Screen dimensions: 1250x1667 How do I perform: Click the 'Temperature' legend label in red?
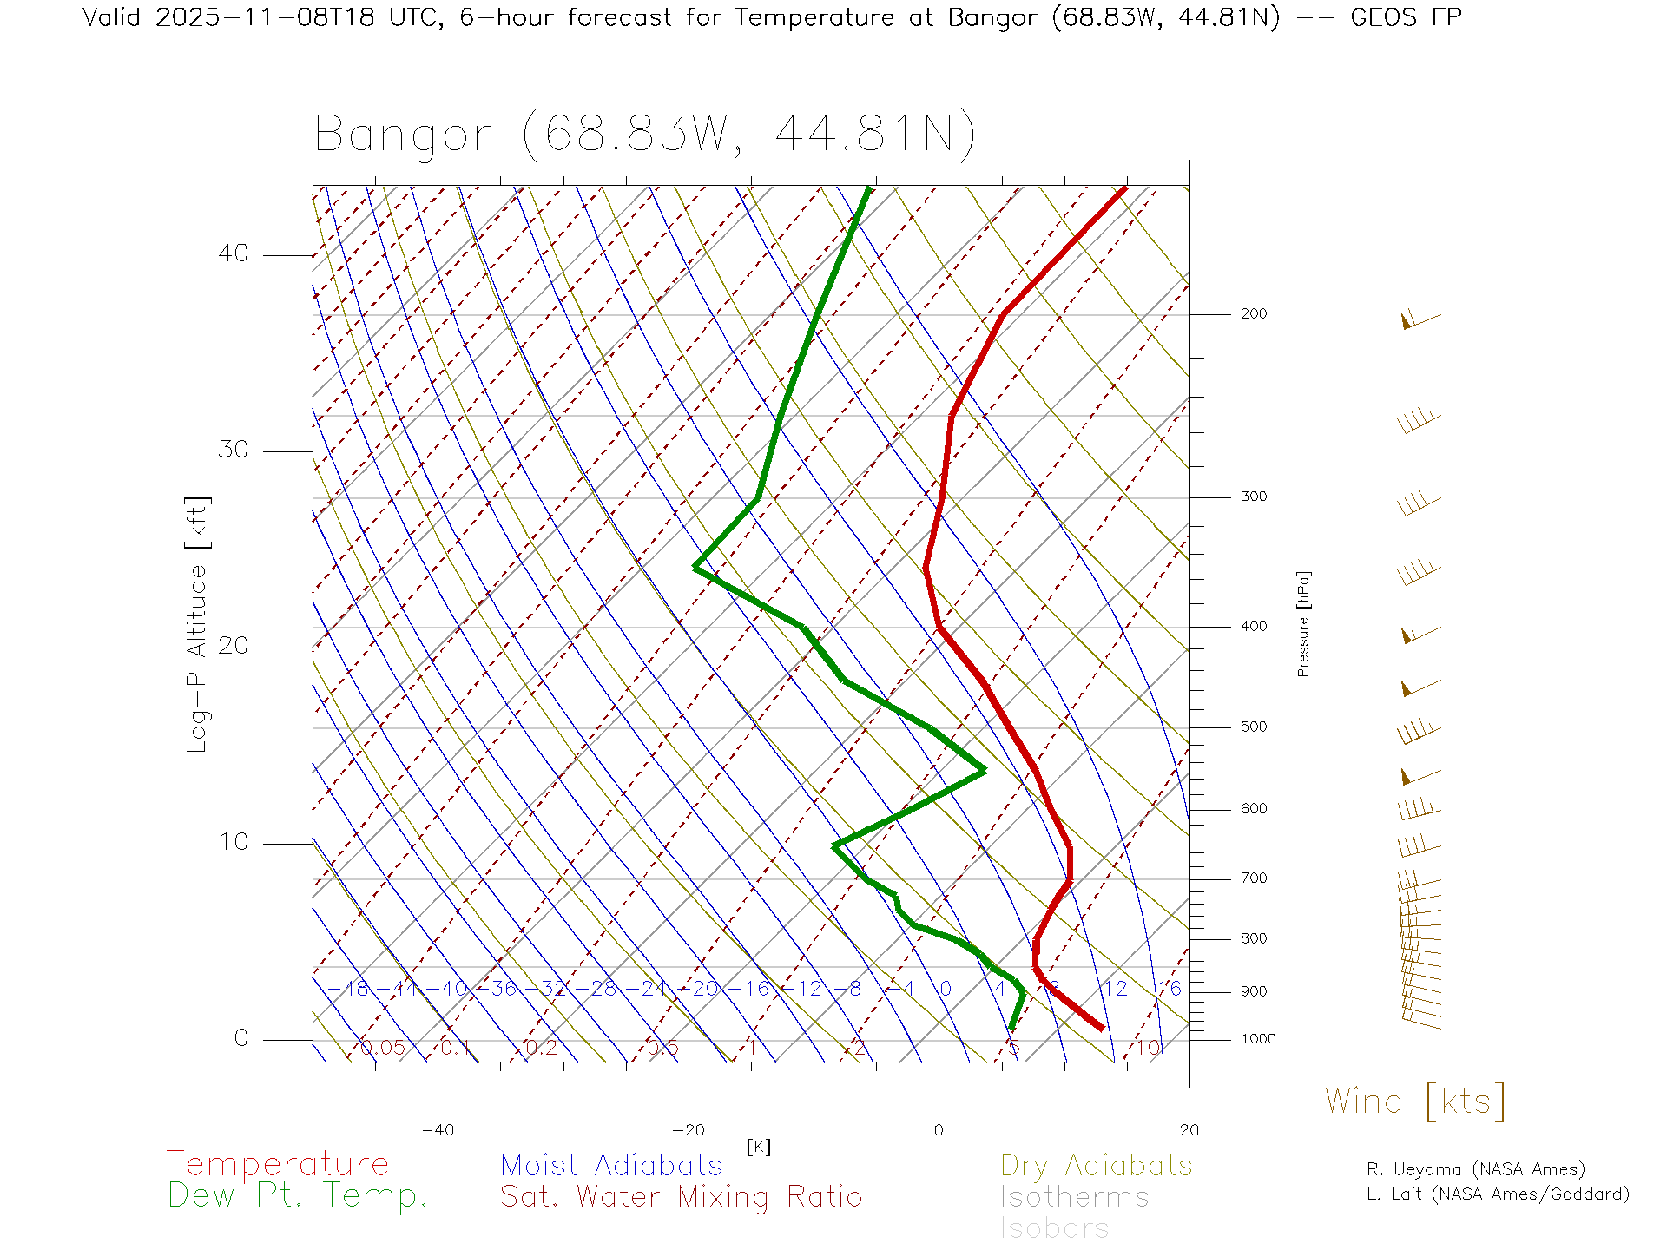(278, 1164)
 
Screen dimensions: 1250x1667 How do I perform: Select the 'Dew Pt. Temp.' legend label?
(298, 1196)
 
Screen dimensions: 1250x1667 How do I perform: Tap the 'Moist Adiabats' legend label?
(611, 1165)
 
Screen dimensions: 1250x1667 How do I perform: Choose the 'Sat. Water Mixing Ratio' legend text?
(681, 1197)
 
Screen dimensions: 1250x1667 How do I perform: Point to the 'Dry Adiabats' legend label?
(1097, 1165)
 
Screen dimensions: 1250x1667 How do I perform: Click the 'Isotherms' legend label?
(1075, 1197)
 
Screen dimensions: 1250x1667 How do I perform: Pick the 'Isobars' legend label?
(1055, 1228)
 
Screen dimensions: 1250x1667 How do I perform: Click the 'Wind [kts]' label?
(1415, 1102)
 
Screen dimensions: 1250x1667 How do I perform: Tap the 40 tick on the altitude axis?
(233, 253)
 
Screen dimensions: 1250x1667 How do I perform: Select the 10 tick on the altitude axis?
(233, 842)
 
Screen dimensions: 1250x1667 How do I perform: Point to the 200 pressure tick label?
(1254, 314)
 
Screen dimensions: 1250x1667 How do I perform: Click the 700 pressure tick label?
(1254, 878)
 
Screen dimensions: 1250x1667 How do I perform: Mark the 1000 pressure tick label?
(1258, 1039)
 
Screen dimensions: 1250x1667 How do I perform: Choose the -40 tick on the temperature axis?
(438, 1130)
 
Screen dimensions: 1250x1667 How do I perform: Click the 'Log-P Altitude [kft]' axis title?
(198, 625)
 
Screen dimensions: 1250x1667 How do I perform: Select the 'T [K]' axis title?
(750, 1147)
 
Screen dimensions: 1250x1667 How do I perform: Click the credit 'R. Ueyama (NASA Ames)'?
(1476, 1169)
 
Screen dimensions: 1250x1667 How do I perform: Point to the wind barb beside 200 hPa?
(1420, 320)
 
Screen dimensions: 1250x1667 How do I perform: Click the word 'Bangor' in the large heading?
(404, 135)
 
